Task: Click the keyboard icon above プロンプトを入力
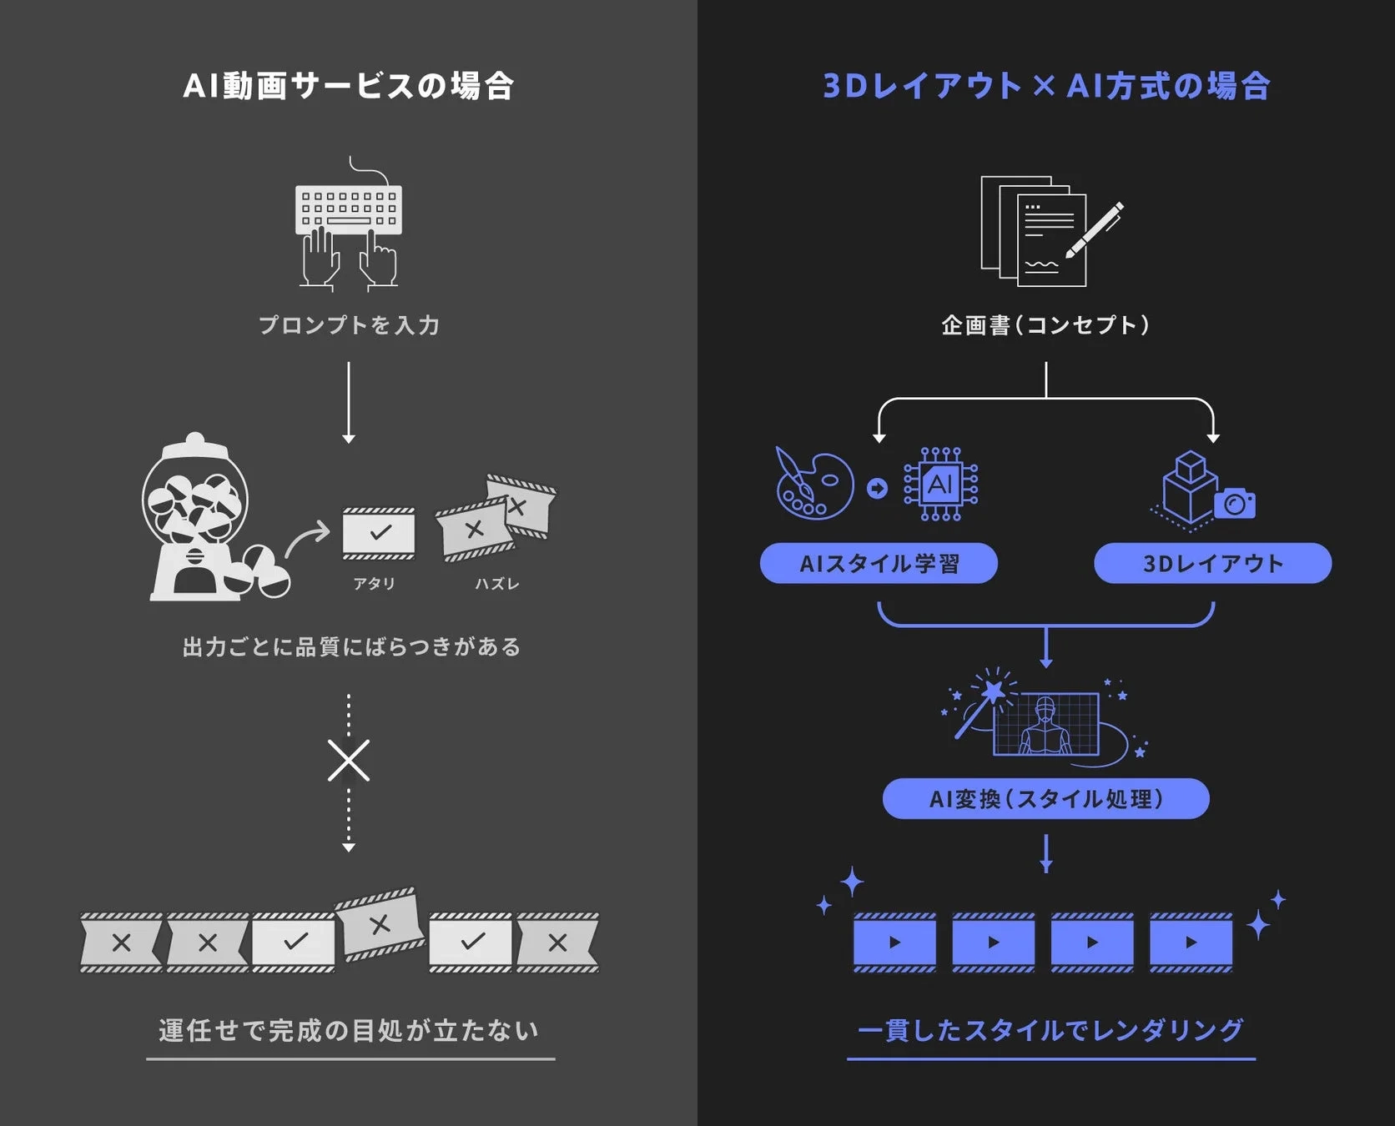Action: (x=349, y=209)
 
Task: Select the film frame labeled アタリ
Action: (x=379, y=533)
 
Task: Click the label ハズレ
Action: (x=497, y=584)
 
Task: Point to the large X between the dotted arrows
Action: (x=349, y=760)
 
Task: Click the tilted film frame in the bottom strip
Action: (x=380, y=923)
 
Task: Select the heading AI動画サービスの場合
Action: (x=348, y=86)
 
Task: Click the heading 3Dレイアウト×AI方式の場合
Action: (x=1046, y=86)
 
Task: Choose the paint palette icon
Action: (x=813, y=485)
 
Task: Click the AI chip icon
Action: (x=940, y=485)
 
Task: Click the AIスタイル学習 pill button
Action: (x=879, y=564)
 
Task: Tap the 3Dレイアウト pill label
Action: (x=1212, y=564)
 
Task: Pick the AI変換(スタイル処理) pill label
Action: (x=1045, y=799)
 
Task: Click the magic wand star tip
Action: (x=994, y=691)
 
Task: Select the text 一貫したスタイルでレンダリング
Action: (x=1050, y=1031)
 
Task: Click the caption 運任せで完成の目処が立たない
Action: (x=350, y=1031)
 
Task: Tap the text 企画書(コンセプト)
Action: (x=1045, y=325)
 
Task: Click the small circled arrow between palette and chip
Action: (x=877, y=488)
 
